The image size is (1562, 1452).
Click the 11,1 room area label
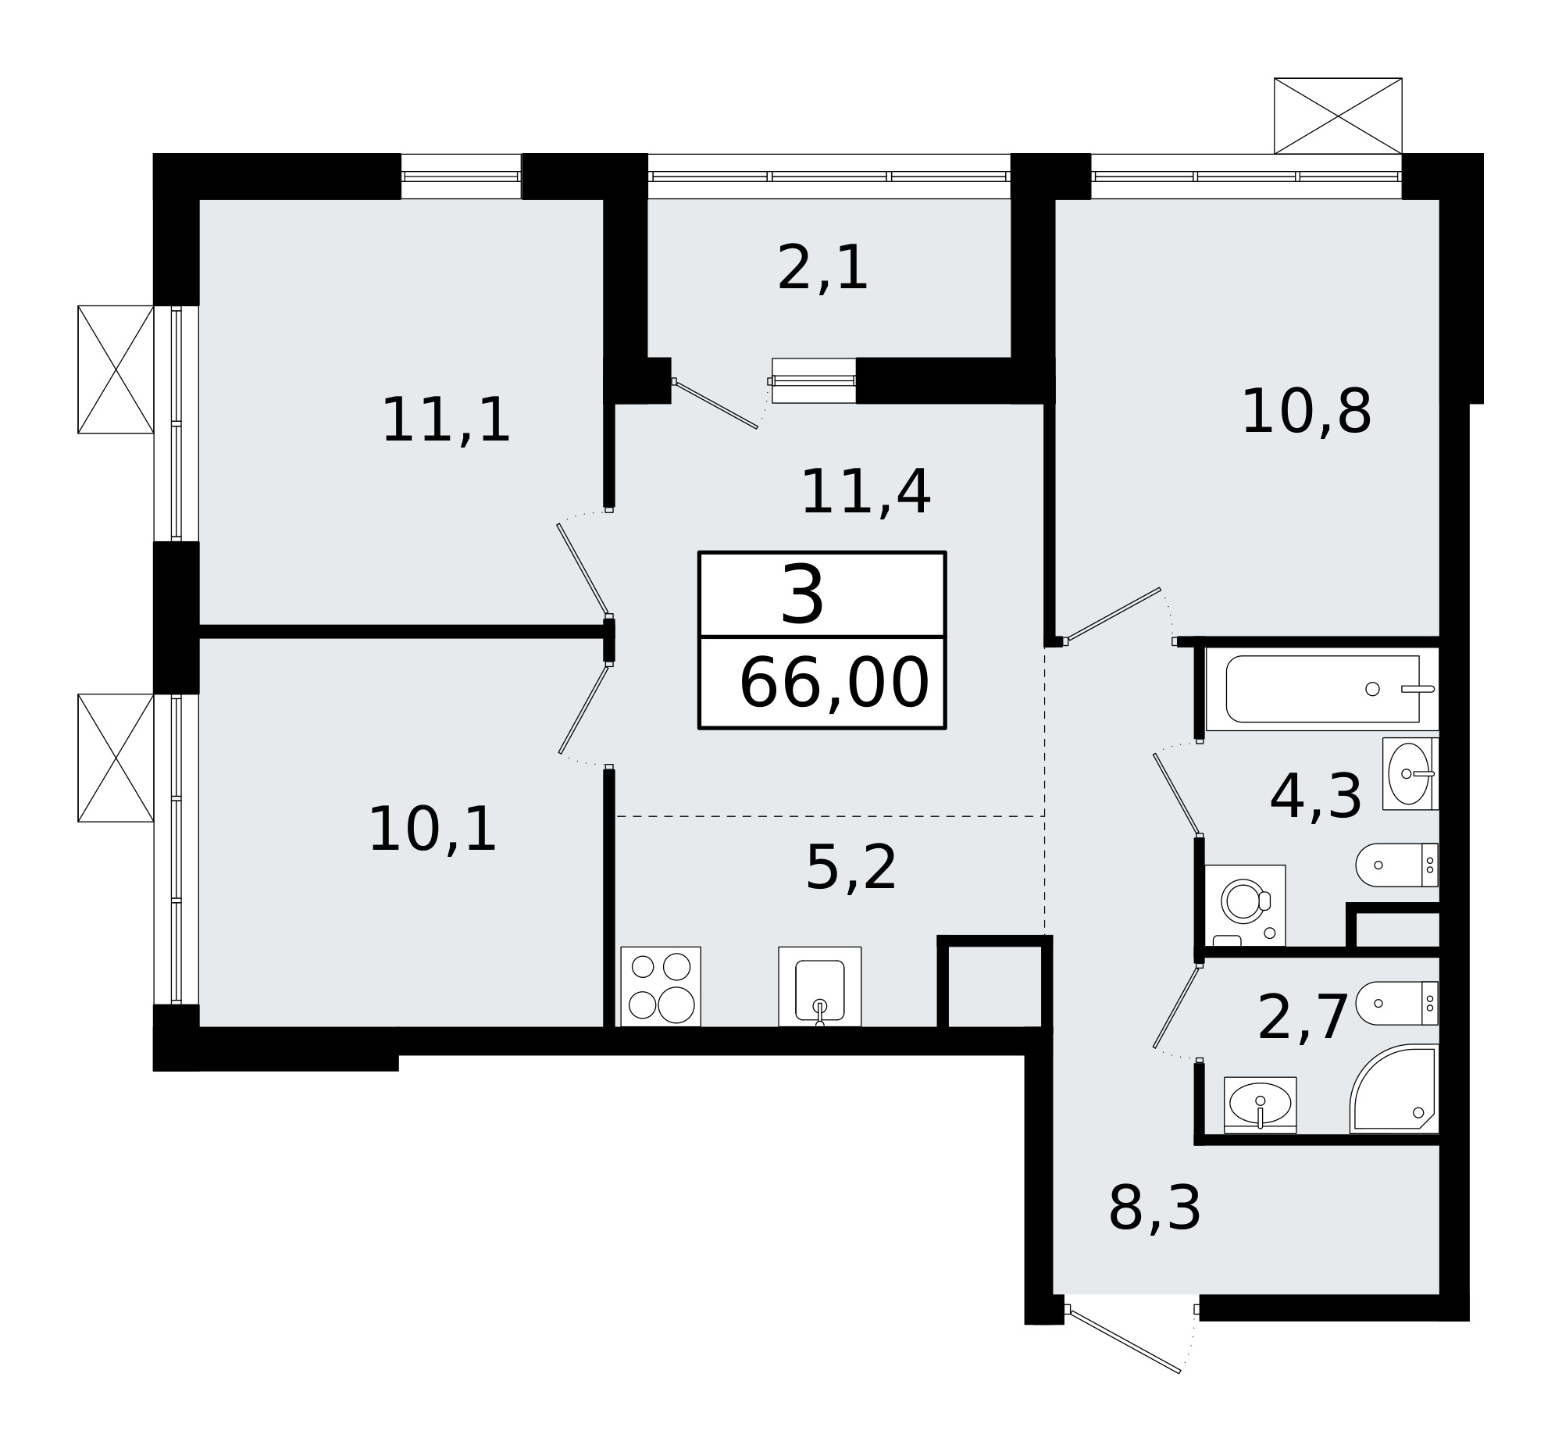pos(445,421)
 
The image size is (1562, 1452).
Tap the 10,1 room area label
pos(432,829)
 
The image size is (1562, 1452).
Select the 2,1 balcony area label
pos(822,269)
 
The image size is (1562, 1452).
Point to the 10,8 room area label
pos(1306,412)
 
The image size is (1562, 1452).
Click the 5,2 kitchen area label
pos(851,869)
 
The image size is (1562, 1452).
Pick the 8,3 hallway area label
pos(1154,1208)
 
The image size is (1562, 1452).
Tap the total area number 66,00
pos(833,683)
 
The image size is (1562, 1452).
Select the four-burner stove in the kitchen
pos(660,986)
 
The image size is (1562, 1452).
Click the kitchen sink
pos(819,986)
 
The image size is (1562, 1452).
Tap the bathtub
pos(1322,689)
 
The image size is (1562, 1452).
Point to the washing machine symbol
pos(1245,905)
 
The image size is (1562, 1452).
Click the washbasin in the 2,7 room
pos(1261,1104)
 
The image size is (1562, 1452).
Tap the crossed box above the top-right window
pos(1337,116)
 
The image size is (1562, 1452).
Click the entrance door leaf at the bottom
pos(1125,1340)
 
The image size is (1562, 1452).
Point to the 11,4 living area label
pos(865,493)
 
